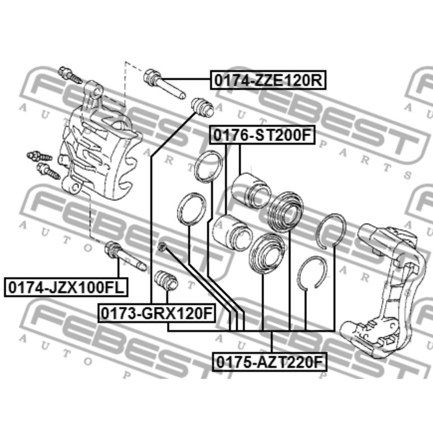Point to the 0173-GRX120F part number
click(x=155, y=314)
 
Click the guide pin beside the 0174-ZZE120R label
click(x=163, y=85)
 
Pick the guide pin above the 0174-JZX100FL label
click(x=125, y=256)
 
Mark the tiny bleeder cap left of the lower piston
click(x=163, y=248)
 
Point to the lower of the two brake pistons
click(x=231, y=231)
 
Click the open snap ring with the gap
click(x=311, y=273)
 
